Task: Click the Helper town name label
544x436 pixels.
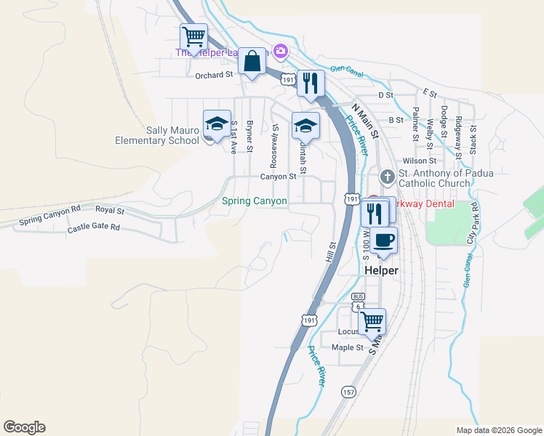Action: (381, 270)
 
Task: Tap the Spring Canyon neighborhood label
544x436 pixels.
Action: (255, 201)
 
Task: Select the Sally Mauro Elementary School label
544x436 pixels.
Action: (157, 134)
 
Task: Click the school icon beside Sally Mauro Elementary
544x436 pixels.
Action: (217, 124)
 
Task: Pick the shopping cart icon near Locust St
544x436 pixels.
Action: (372, 320)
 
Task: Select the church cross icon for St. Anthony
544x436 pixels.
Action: (388, 177)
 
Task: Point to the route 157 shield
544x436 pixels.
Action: (349, 392)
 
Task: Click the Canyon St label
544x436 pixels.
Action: (279, 177)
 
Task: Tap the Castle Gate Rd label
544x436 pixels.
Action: (93, 227)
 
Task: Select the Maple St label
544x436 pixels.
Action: (347, 347)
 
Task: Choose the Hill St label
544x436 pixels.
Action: (332, 251)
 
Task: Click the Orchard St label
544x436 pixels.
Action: (213, 74)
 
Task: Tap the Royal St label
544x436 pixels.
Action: (110, 211)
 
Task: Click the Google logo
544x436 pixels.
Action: (24, 427)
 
